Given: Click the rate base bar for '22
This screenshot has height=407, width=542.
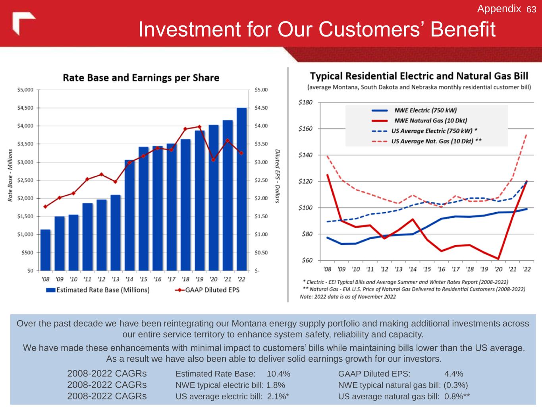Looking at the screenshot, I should tap(241, 189).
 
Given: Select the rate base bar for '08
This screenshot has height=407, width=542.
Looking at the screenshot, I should tap(45, 250).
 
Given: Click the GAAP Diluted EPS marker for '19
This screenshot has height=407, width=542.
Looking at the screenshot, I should tap(199, 127).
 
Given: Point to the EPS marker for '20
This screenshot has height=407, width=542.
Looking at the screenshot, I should tap(213, 160).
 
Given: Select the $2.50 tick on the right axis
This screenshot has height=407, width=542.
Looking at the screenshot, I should tap(261, 180).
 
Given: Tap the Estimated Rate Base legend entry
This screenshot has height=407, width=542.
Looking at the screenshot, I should tap(98, 290).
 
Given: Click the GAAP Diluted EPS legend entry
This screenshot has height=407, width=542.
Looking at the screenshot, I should tap(207, 290).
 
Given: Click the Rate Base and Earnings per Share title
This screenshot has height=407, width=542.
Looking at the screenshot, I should tap(141, 78).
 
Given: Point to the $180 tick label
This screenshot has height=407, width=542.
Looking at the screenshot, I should tap(305, 103).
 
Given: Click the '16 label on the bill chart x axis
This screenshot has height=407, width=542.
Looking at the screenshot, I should tap(441, 269).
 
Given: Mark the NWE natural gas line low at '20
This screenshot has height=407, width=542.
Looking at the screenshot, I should tap(498, 259).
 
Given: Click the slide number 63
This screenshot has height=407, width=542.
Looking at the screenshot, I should tap(531, 9).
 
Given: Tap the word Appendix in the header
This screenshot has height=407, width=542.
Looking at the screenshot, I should tap(499, 9).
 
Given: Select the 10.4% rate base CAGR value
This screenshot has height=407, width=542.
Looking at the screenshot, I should tap(278, 374).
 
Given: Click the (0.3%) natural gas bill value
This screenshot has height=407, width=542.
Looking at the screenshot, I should tap(455, 385).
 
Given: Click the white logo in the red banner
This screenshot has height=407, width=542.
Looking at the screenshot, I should tap(23, 23).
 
